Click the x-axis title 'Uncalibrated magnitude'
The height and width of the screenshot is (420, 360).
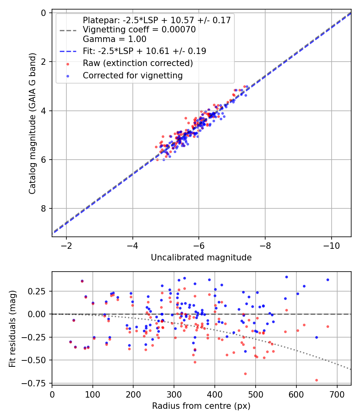[x=201, y=258]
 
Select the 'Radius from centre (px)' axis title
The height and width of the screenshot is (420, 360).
[x=201, y=406]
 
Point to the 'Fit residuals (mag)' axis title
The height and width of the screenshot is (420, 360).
[x=12, y=328]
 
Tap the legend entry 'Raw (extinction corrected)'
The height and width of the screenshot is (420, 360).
[x=138, y=63]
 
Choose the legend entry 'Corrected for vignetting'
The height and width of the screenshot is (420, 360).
[x=132, y=75]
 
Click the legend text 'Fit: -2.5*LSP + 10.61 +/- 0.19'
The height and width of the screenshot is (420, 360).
[x=144, y=51]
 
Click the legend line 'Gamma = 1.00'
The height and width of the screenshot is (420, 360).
[x=114, y=39]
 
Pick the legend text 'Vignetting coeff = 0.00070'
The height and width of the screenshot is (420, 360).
[x=139, y=30]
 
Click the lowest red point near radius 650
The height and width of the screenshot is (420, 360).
[x=316, y=380]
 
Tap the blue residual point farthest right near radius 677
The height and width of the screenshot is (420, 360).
[x=328, y=280]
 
